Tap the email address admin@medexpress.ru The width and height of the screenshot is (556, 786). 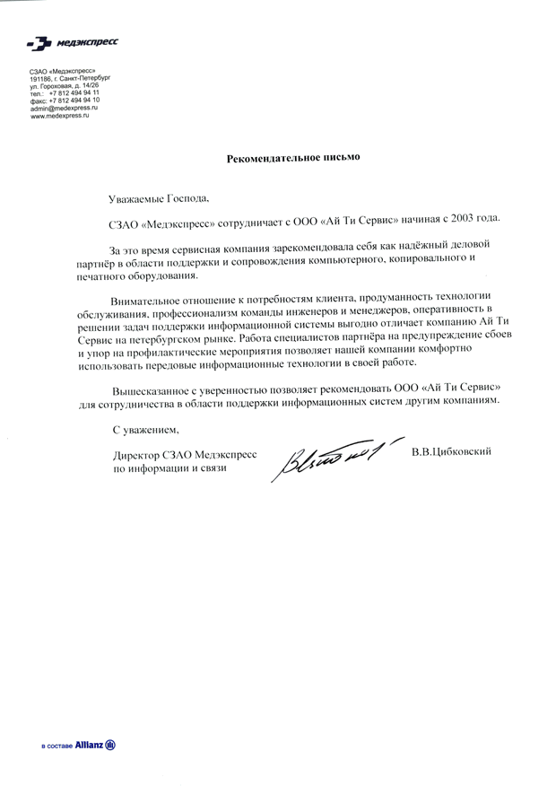coord(64,108)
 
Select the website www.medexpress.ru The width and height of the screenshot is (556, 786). coord(60,116)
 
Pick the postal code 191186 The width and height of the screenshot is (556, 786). coord(41,79)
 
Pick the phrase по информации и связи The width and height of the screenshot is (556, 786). coord(170,468)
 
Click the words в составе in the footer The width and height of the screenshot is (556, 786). coord(56,746)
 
